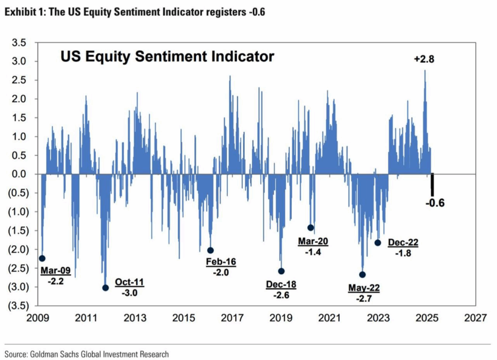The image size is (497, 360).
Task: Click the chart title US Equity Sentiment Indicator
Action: point(167,57)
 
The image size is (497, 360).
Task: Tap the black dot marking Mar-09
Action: point(42,258)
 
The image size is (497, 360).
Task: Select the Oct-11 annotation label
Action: point(129,283)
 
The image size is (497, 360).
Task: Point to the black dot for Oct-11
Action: point(105,287)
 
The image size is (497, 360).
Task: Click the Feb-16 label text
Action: point(221,262)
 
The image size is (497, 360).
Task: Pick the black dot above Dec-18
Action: point(281,271)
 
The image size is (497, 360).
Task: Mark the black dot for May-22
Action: point(362,274)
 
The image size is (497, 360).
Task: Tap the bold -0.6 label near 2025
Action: point(434,203)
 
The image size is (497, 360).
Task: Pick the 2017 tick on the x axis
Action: point(232,318)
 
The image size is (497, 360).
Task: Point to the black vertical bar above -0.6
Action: point(432,185)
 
